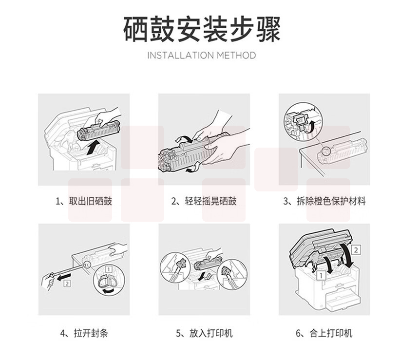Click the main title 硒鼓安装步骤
pyautogui.click(x=202, y=29)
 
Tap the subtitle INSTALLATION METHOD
pyautogui.click(x=202, y=56)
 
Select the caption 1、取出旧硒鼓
pyautogui.click(x=84, y=201)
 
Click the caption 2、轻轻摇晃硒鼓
pyautogui.click(x=204, y=201)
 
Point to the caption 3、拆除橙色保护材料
pyautogui.click(x=324, y=201)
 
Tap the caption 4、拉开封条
pyautogui.click(x=84, y=333)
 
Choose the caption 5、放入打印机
pyautogui.click(x=204, y=333)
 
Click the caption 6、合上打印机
pyautogui.click(x=324, y=333)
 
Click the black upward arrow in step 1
pyautogui.click(x=93, y=148)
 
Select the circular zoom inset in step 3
pyautogui.click(x=304, y=123)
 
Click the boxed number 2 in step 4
pyautogui.click(x=67, y=283)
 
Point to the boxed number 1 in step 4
pyautogui.click(x=109, y=269)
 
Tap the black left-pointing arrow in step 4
pyautogui.click(x=64, y=277)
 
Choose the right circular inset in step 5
pyautogui.click(x=232, y=274)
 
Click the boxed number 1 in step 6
pyautogui.click(x=321, y=275)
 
